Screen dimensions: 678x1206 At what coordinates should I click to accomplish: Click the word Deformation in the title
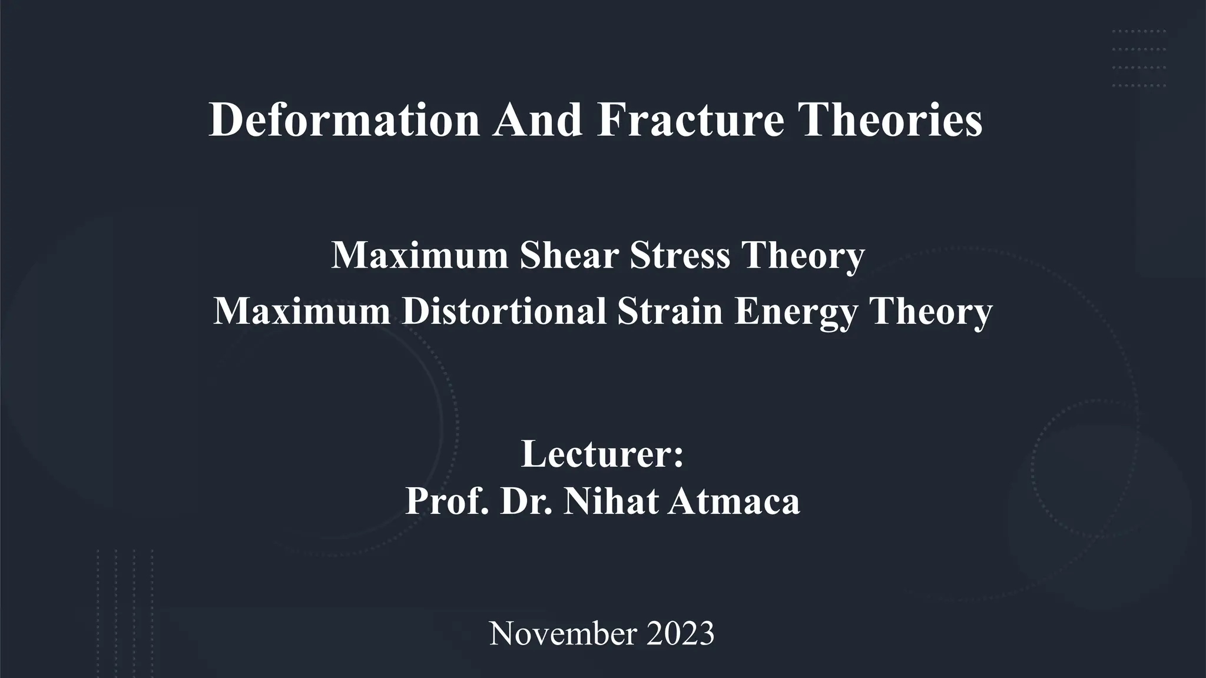(344, 120)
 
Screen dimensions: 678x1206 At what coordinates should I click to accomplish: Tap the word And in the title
(537, 120)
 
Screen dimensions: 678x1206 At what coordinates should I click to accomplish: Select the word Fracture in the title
(690, 120)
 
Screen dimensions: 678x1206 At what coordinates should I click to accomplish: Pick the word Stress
(680, 255)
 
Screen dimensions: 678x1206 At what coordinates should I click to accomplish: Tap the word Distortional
(504, 311)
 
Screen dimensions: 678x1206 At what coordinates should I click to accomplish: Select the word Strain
(670, 311)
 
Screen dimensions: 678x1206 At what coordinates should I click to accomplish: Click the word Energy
(796, 312)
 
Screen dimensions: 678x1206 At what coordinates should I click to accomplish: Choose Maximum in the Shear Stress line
(420, 255)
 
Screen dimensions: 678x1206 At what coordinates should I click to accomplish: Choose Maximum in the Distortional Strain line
(301, 311)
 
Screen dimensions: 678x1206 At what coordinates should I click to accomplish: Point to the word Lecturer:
(602, 454)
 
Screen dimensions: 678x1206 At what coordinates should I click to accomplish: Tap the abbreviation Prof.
(447, 501)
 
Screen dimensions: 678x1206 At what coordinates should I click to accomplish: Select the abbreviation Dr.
(526, 501)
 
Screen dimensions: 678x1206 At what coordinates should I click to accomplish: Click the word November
(563, 634)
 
